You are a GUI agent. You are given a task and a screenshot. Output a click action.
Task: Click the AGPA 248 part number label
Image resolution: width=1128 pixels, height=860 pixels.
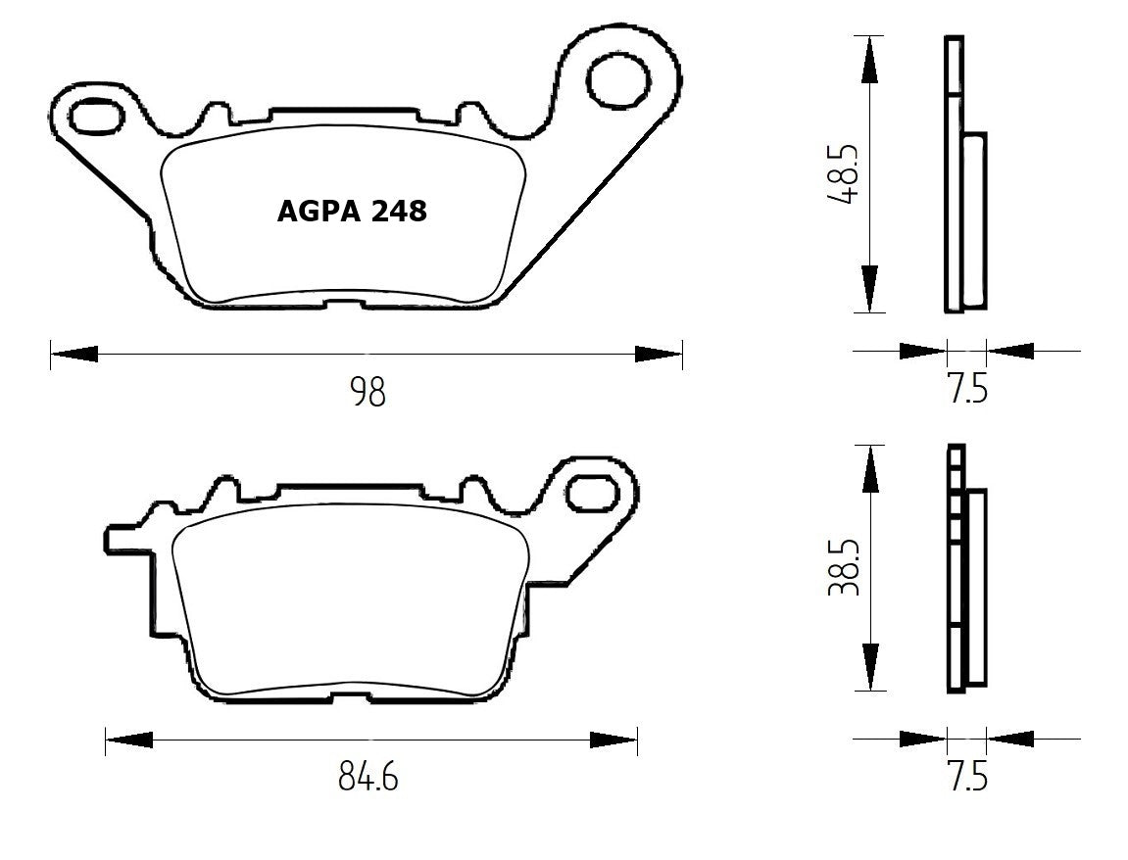click(352, 211)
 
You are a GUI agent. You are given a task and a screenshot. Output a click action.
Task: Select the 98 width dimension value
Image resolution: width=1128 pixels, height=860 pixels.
click(368, 393)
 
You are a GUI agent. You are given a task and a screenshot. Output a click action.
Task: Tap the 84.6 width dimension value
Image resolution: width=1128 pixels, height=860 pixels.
click(368, 778)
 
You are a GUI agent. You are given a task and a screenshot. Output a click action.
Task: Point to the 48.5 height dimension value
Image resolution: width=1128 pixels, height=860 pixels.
click(842, 174)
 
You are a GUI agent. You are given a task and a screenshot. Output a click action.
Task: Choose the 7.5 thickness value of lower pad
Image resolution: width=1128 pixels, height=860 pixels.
click(967, 777)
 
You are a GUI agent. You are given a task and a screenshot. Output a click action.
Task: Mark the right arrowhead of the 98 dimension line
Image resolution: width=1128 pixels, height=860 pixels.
click(658, 354)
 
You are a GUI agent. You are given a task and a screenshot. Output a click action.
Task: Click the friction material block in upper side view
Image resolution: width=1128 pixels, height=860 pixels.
click(975, 220)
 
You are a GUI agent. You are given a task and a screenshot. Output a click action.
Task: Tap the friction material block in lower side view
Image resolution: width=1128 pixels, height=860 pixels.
click(976, 586)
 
